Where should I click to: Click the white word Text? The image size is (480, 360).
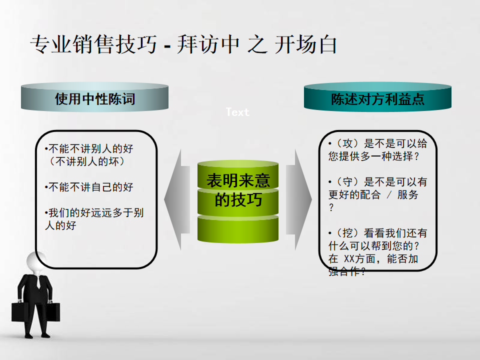pos(237,112)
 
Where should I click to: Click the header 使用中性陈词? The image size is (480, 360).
pos(95,99)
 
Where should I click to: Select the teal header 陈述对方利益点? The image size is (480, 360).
pos(378,99)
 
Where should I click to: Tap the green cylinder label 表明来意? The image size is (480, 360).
pos(238,180)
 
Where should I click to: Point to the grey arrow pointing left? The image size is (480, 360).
pos(177,199)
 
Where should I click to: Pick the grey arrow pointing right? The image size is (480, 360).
pos(299,199)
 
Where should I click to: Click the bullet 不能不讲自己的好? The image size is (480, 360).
pos(89,186)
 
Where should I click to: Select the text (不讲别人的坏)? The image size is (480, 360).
pos(87,161)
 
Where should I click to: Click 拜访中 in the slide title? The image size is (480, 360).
pos(208,44)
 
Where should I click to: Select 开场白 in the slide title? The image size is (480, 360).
pos(306,44)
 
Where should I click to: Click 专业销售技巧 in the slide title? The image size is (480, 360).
pos(93,44)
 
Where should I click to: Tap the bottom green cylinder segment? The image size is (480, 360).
pos(238,229)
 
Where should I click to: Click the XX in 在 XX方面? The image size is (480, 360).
pos(349,259)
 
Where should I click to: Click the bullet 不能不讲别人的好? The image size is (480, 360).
pos(89,149)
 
